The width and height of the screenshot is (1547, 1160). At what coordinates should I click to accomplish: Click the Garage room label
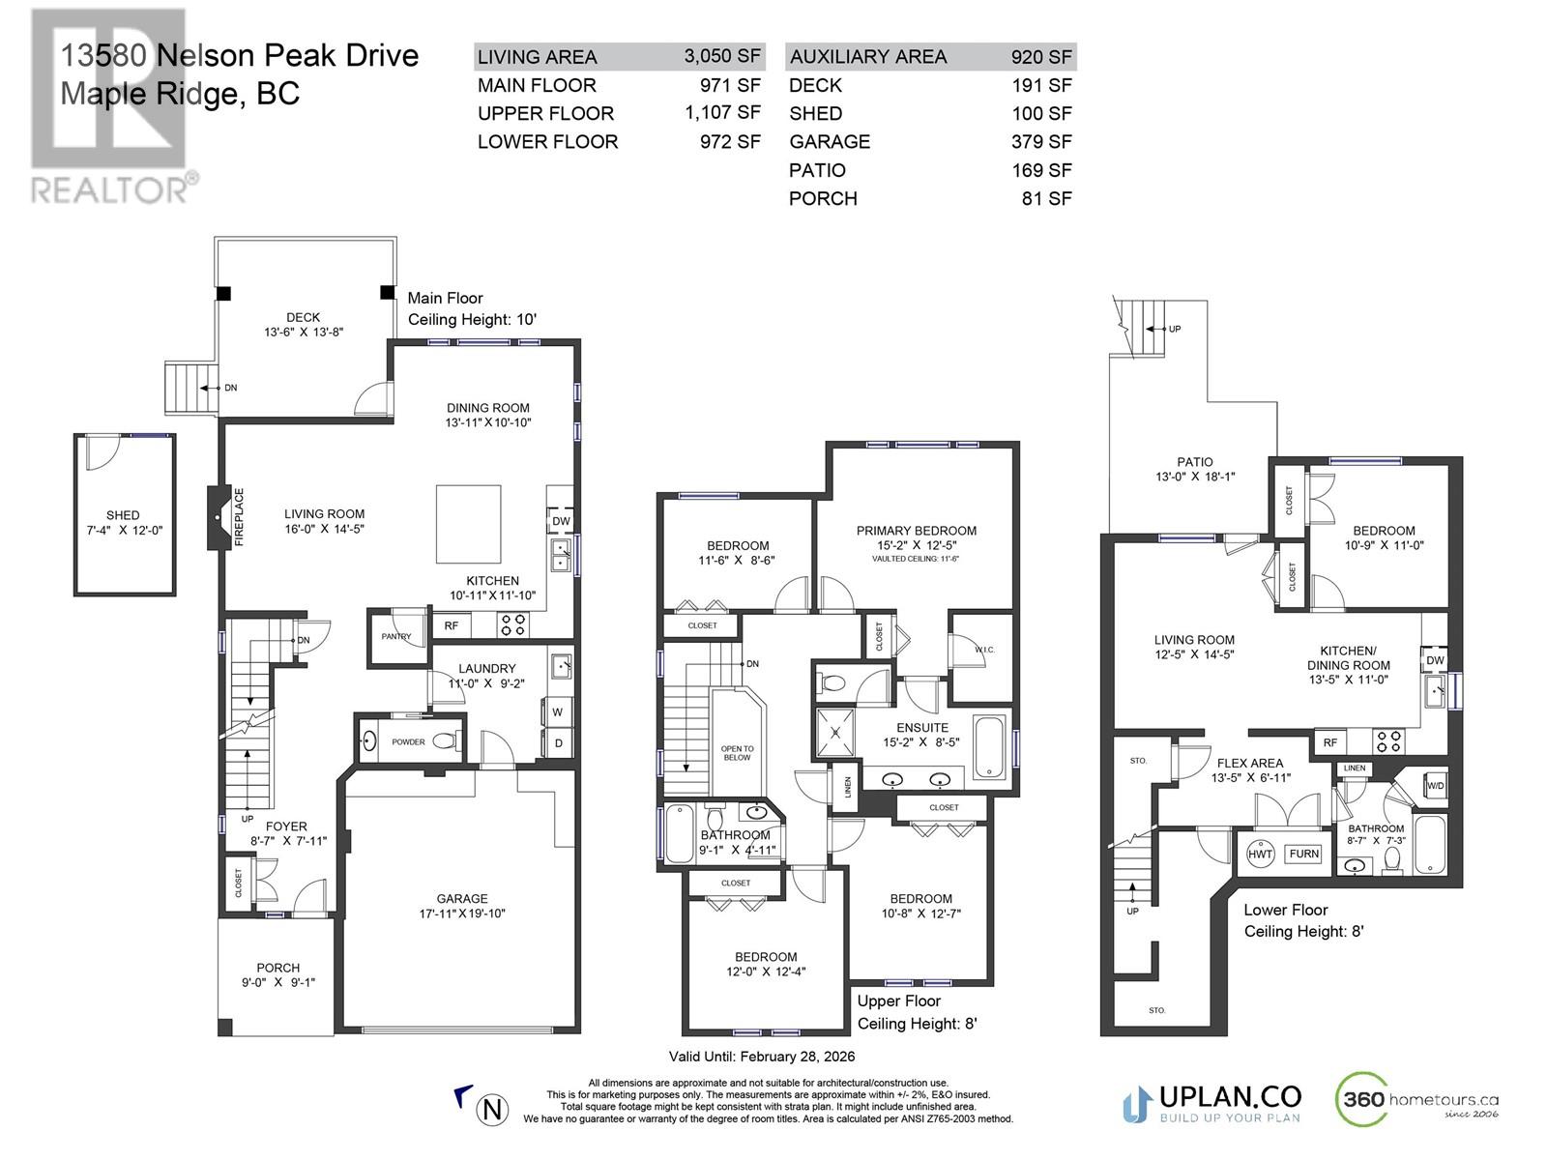tap(461, 898)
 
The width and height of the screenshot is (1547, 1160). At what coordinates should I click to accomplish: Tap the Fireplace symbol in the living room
tap(219, 517)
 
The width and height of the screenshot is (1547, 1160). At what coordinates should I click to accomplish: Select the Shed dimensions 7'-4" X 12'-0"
tap(124, 531)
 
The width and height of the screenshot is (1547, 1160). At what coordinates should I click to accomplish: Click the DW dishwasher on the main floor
tap(560, 520)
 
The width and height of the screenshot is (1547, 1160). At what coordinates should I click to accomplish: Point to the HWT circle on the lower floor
tap(1260, 854)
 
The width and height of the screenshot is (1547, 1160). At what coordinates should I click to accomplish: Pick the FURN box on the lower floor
tap(1303, 854)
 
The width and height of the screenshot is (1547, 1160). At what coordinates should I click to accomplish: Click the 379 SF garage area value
tap(1041, 141)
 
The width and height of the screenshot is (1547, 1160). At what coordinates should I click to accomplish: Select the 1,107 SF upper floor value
tap(722, 113)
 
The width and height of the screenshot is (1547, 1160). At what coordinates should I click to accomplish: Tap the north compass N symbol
tap(492, 1110)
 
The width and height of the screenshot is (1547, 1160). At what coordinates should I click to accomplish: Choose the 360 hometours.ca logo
tap(1416, 1100)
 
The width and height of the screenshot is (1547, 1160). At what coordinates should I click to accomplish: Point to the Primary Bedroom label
tap(916, 531)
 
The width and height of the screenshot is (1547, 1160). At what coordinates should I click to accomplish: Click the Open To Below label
tap(737, 753)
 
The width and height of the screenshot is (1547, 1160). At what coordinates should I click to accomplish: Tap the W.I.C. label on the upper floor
tap(984, 650)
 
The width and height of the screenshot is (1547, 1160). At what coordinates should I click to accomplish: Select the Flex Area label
tap(1249, 763)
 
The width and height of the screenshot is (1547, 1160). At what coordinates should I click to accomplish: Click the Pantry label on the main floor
tap(396, 636)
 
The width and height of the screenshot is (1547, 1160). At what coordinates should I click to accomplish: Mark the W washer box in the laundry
tap(557, 712)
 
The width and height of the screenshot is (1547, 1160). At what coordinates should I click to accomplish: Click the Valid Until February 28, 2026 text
tap(761, 1057)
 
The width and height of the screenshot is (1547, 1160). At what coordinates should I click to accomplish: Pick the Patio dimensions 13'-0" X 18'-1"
tap(1195, 477)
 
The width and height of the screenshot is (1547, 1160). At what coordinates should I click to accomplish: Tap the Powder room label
tap(408, 741)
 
